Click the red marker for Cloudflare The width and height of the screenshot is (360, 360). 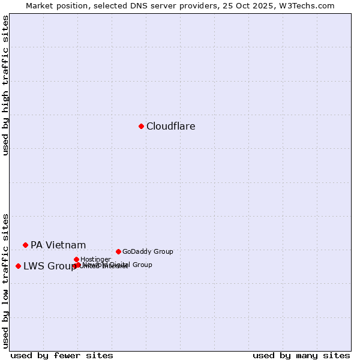point(141,126)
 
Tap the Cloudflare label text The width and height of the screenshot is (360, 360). point(171,126)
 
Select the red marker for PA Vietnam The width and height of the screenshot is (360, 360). point(25,245)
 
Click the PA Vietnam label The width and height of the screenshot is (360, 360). point(58,245)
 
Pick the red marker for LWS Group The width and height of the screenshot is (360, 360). point(18,266)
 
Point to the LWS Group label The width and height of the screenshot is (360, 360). point(49,266)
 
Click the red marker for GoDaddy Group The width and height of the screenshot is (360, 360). point(118,251)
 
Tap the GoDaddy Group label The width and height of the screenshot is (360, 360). point(148,251)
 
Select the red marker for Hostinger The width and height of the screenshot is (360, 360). point(76,259)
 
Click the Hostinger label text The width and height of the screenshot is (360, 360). point(95,259)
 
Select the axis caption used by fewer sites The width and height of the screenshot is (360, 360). point(62,355)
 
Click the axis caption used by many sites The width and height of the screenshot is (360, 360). point(301,355)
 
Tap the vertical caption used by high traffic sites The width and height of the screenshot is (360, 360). point(5,85)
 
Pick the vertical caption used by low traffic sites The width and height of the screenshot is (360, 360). point(5,280)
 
